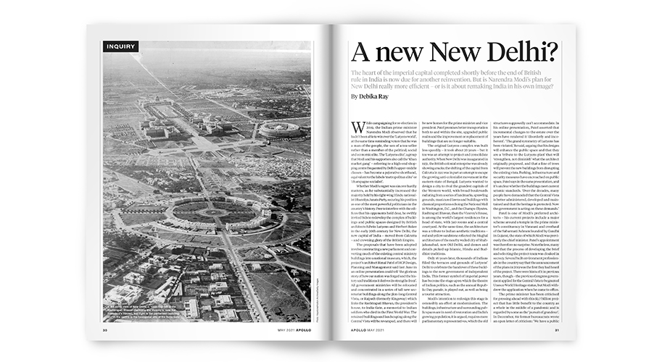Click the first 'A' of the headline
(x=361, y=52)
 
